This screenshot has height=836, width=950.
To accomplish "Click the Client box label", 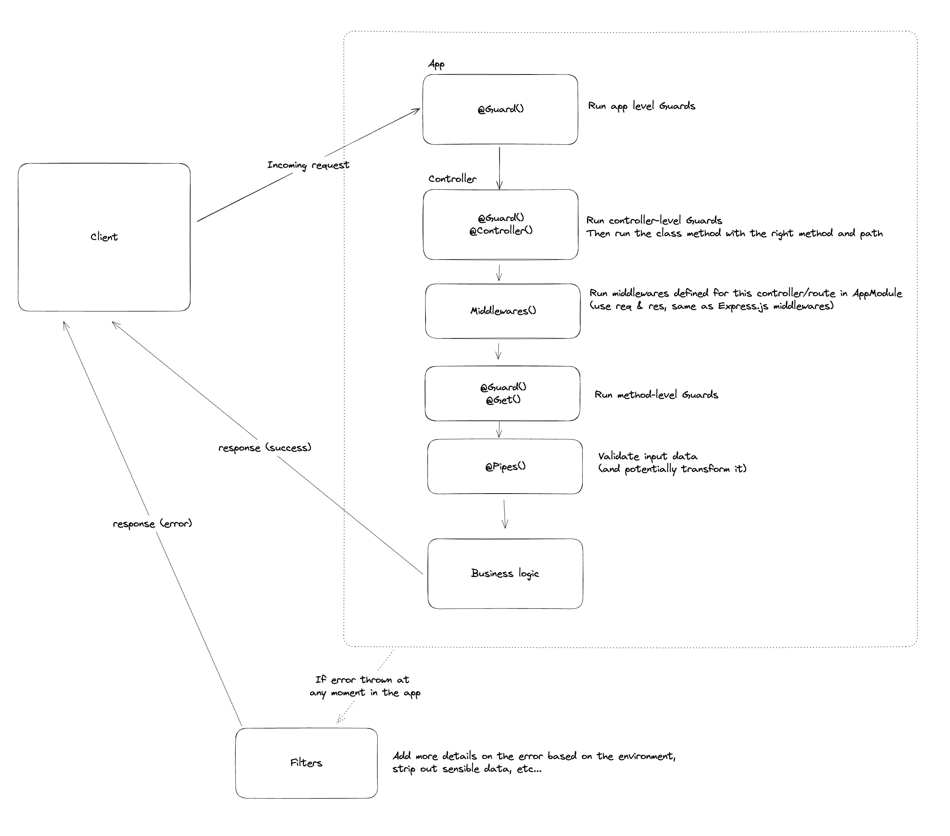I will click(x=104, y=237).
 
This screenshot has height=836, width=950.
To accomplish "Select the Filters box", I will click(x=306, y=763).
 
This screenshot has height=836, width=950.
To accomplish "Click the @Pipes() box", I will click(x=505, y=466).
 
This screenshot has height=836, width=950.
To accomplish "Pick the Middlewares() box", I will click(x=503, y=311).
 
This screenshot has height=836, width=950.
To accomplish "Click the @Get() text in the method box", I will click(x=503, y=400).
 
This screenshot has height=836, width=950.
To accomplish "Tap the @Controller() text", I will click(x=501, y=231).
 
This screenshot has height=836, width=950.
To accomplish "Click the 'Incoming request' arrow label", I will click(x=308, y=165).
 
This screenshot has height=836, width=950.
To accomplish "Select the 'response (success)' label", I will click(x=265, y=448).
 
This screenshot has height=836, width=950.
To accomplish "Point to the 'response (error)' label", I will click(x=153, y=524).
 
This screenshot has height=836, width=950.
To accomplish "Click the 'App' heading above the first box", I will click(x=436, y=64).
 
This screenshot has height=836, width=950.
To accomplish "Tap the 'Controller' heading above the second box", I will click(x=452, y=179).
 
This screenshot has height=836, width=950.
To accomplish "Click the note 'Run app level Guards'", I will click(x=641, y=106).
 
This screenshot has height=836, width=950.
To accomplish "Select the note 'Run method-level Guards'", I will click(x=656, y=395).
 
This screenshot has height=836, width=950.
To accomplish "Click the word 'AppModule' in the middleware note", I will click(x=877, y=293).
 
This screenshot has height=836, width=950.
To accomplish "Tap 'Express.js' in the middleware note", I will click(x=743, y=306).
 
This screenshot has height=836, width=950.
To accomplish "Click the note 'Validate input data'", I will click(x=647, y=456).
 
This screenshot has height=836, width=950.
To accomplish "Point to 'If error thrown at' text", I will click(x=362, y=680).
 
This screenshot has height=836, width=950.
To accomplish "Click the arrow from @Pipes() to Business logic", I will click(x=505, y=514).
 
